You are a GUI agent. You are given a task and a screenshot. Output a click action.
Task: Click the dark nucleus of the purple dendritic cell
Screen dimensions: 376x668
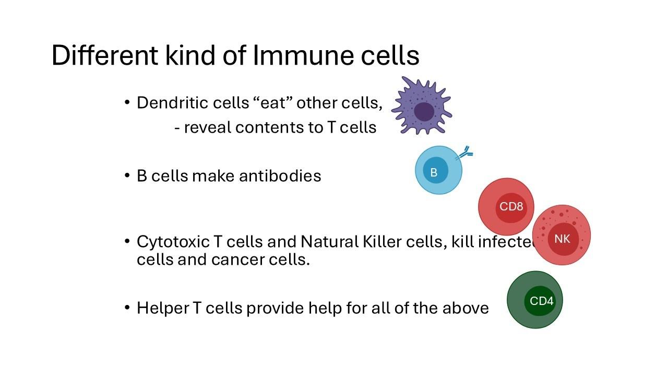(x=424, y=112)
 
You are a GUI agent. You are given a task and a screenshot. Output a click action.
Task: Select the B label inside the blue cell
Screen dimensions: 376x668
(x=434, y=172)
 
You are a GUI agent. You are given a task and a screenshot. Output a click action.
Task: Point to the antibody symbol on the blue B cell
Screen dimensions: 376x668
(x=465, y=153)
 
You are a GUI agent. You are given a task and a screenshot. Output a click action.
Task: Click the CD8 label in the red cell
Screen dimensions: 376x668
(x=511, y=206)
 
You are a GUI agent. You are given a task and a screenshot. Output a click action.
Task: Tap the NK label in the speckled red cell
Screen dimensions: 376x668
(x=562, y=239)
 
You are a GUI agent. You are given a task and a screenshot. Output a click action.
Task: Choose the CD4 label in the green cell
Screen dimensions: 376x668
(x=542, y=301)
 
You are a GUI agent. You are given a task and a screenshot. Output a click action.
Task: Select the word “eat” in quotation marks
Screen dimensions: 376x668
(x=272, y=103)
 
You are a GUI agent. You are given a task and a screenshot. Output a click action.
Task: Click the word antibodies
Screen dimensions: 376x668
(x=280, y=176)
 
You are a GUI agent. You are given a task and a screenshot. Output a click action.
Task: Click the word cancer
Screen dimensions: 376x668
(x=234, y=259)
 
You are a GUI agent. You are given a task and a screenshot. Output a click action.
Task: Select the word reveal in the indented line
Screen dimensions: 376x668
(x=208, y=127)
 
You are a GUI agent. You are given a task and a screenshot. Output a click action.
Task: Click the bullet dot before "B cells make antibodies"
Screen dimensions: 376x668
(x=127, y=175)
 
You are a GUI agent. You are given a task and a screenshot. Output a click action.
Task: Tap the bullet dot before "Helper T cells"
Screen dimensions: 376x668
(x=127, y=308)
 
